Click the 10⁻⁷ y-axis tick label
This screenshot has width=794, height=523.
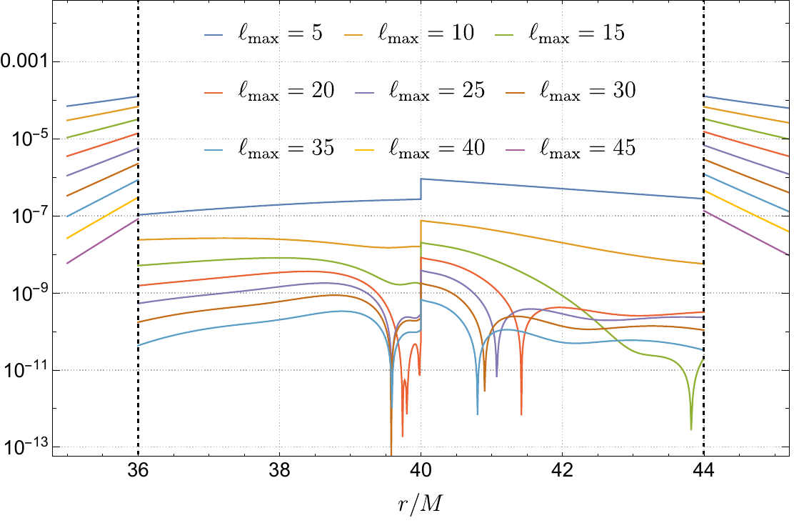pos(29,215)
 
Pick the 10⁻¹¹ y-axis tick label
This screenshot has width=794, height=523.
pos(29,370)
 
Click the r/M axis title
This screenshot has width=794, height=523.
pos(421,504)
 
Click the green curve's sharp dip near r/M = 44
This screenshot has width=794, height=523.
pos(691,427)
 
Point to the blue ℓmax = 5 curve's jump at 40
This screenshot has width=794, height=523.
pos(421,189)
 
